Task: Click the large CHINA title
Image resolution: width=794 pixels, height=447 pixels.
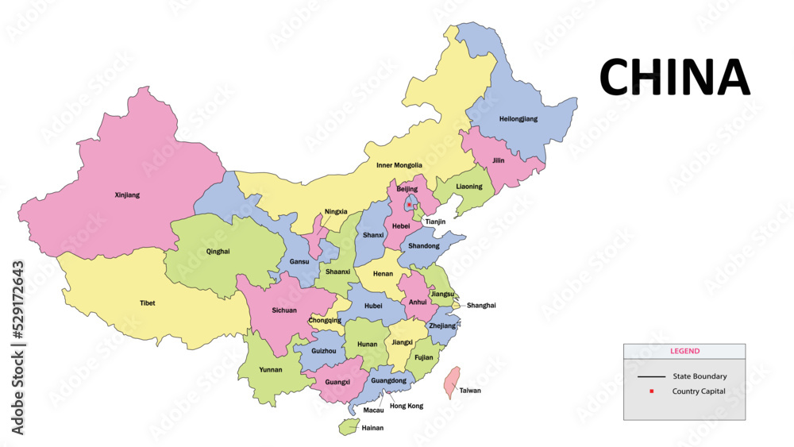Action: tap(674, 77)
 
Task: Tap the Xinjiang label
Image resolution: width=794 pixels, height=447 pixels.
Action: tap(127, 195)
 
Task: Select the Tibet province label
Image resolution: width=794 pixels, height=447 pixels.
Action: tap(148, 302)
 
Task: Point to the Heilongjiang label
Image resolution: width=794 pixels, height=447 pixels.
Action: tap(518, 118)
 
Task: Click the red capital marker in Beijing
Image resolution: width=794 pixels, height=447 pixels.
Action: tap(409, 205)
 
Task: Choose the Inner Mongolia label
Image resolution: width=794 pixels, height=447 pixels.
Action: tap(399, 165)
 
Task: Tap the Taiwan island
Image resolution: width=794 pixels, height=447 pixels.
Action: tap(450, 381)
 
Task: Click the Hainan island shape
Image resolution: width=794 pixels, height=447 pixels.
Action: tap(348, 427)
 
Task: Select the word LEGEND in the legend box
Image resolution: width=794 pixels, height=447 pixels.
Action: tap(684, 351)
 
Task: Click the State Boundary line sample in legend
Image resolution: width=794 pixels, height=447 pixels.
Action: tap(651, 376)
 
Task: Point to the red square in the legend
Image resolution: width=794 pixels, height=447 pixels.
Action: tap(651, 391)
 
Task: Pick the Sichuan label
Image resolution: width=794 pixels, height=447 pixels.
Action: tap(284, 310)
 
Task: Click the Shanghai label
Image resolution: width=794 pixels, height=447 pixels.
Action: tap(481, 305)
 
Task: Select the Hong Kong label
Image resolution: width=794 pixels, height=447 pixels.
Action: tap(406, 406)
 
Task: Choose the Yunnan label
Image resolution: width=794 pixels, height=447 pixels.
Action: tap(270, 369)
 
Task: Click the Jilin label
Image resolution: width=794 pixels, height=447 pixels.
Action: tap(499, 160)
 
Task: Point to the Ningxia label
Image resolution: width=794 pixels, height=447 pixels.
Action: tap(336, 212)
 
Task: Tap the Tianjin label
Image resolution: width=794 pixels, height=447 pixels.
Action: tap(434, 222)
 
